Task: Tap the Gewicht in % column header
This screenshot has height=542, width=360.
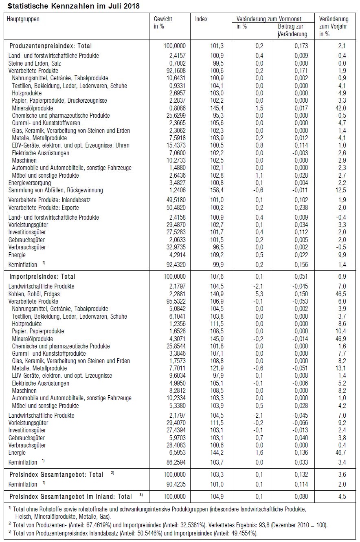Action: (163, 23)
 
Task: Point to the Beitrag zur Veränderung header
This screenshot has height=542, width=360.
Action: (292, 31)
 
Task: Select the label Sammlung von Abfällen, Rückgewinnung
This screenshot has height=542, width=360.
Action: (56, 190)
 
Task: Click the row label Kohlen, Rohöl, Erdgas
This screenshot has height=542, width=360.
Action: (36, 294)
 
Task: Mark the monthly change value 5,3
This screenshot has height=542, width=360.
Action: (259, 294)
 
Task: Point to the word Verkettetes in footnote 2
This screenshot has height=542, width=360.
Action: (218, 525)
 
